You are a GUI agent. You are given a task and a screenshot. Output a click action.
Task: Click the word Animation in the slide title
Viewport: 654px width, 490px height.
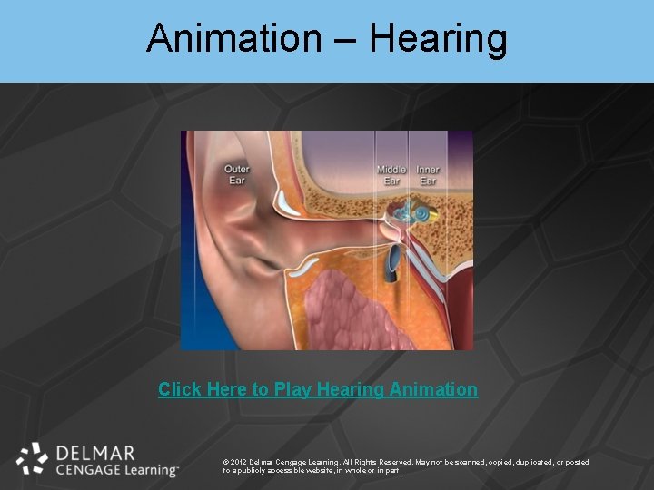coord(233,38)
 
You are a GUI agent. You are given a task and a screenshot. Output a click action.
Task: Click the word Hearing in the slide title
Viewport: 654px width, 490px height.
coord(439,38)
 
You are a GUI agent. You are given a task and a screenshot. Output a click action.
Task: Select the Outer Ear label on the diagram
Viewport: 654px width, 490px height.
coord(237,174)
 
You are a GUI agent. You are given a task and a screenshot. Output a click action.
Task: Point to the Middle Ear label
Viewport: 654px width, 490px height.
coord(391,175)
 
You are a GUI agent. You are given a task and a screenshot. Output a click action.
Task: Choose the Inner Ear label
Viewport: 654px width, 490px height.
coord(428,175)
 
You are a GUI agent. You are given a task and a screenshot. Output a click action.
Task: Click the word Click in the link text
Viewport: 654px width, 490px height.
coord(180,389)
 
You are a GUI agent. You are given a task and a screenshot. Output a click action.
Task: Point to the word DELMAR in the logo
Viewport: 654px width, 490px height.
coord(95,452)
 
